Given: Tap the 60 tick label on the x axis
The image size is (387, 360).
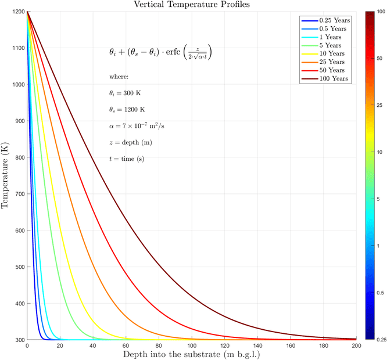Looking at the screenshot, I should click(126, 345).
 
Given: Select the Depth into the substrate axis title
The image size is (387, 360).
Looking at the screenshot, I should click(191, 354).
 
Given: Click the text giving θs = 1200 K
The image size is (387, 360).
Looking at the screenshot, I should click(127, 109).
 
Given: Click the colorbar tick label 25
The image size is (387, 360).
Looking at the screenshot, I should click(378, 105).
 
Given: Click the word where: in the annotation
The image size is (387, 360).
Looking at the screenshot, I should click(119, 77).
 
